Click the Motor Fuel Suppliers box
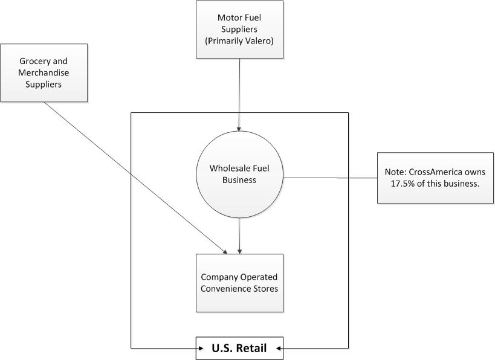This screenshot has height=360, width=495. (x=239, y=29)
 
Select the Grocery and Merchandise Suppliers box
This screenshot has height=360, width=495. (x=44, y=72)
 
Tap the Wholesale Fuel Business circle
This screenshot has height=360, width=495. (x=239, y=174)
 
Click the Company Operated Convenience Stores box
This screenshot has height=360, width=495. (x=239, y=283)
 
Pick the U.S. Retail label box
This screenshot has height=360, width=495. (x=239, y=348)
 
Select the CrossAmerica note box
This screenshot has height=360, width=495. (x=435, y=178)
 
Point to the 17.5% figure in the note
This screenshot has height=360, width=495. (x=399, y=184)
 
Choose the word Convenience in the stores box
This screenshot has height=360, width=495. (x=230, y=288)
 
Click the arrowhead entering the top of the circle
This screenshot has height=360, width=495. (x=239, y=129)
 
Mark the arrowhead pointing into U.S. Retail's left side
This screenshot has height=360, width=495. (x=199, y=348)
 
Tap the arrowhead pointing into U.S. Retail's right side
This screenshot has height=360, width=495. (x=280, y=348)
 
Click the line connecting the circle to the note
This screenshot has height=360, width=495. (x=331, y=178)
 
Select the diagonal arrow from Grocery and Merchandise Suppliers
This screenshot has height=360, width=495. (x=133, y=175)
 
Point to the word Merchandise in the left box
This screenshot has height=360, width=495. (x=44, y=72)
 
